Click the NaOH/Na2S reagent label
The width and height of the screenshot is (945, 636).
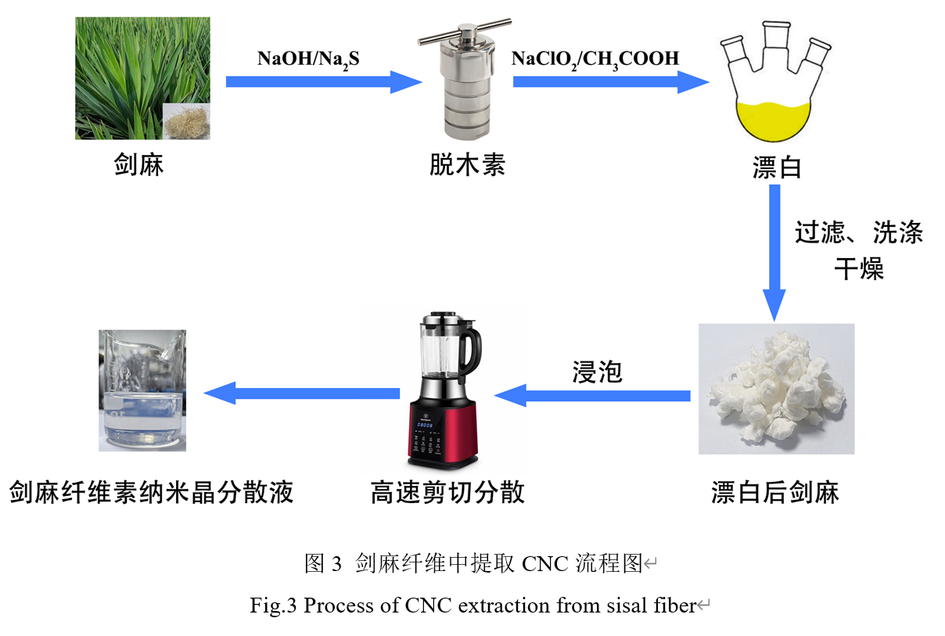point(308,58)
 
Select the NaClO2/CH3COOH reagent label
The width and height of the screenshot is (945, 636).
point(595,58)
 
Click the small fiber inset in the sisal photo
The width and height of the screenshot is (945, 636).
point(186,121)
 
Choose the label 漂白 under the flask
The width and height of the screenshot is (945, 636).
point(777,168)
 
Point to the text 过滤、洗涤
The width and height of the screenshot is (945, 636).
point(858,233)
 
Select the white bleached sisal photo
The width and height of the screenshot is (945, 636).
point(776,389)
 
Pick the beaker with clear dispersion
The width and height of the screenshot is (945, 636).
point(142,391)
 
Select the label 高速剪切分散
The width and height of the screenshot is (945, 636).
point(447,493)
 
